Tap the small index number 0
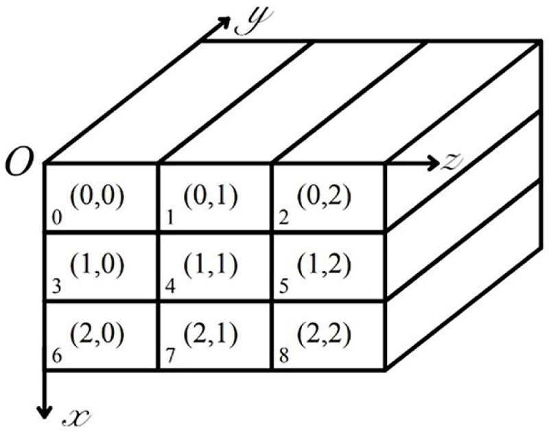click(x=56, y=220)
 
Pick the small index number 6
click(x=56, y=357)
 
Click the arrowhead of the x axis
click(x=45, y=411)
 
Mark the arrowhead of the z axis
click(x=433, y=163)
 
